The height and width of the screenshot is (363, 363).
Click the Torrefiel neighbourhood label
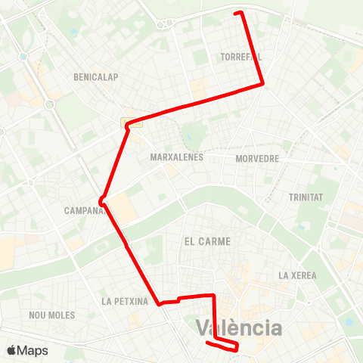tap(241, 57)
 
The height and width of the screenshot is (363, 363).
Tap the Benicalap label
tap(94, 77)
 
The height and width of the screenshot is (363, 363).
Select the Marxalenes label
tap(174, 158)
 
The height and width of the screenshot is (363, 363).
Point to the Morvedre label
tap(257, 159)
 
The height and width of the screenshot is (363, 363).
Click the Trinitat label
tap(306, 197)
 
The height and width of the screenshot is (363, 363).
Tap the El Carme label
tap(206, 240)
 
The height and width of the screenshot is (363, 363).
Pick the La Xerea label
tap(297, 275)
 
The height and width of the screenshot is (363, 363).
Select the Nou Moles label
tap(51, 315)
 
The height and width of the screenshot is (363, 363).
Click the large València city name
tap(239, 328)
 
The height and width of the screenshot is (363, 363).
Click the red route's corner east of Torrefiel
tap(262, 83)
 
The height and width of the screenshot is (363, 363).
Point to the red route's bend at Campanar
tap(101, 200)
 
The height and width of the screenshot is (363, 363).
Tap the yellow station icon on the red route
tap(125, 123)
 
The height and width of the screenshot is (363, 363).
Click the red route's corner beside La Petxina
tap(160, 304)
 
